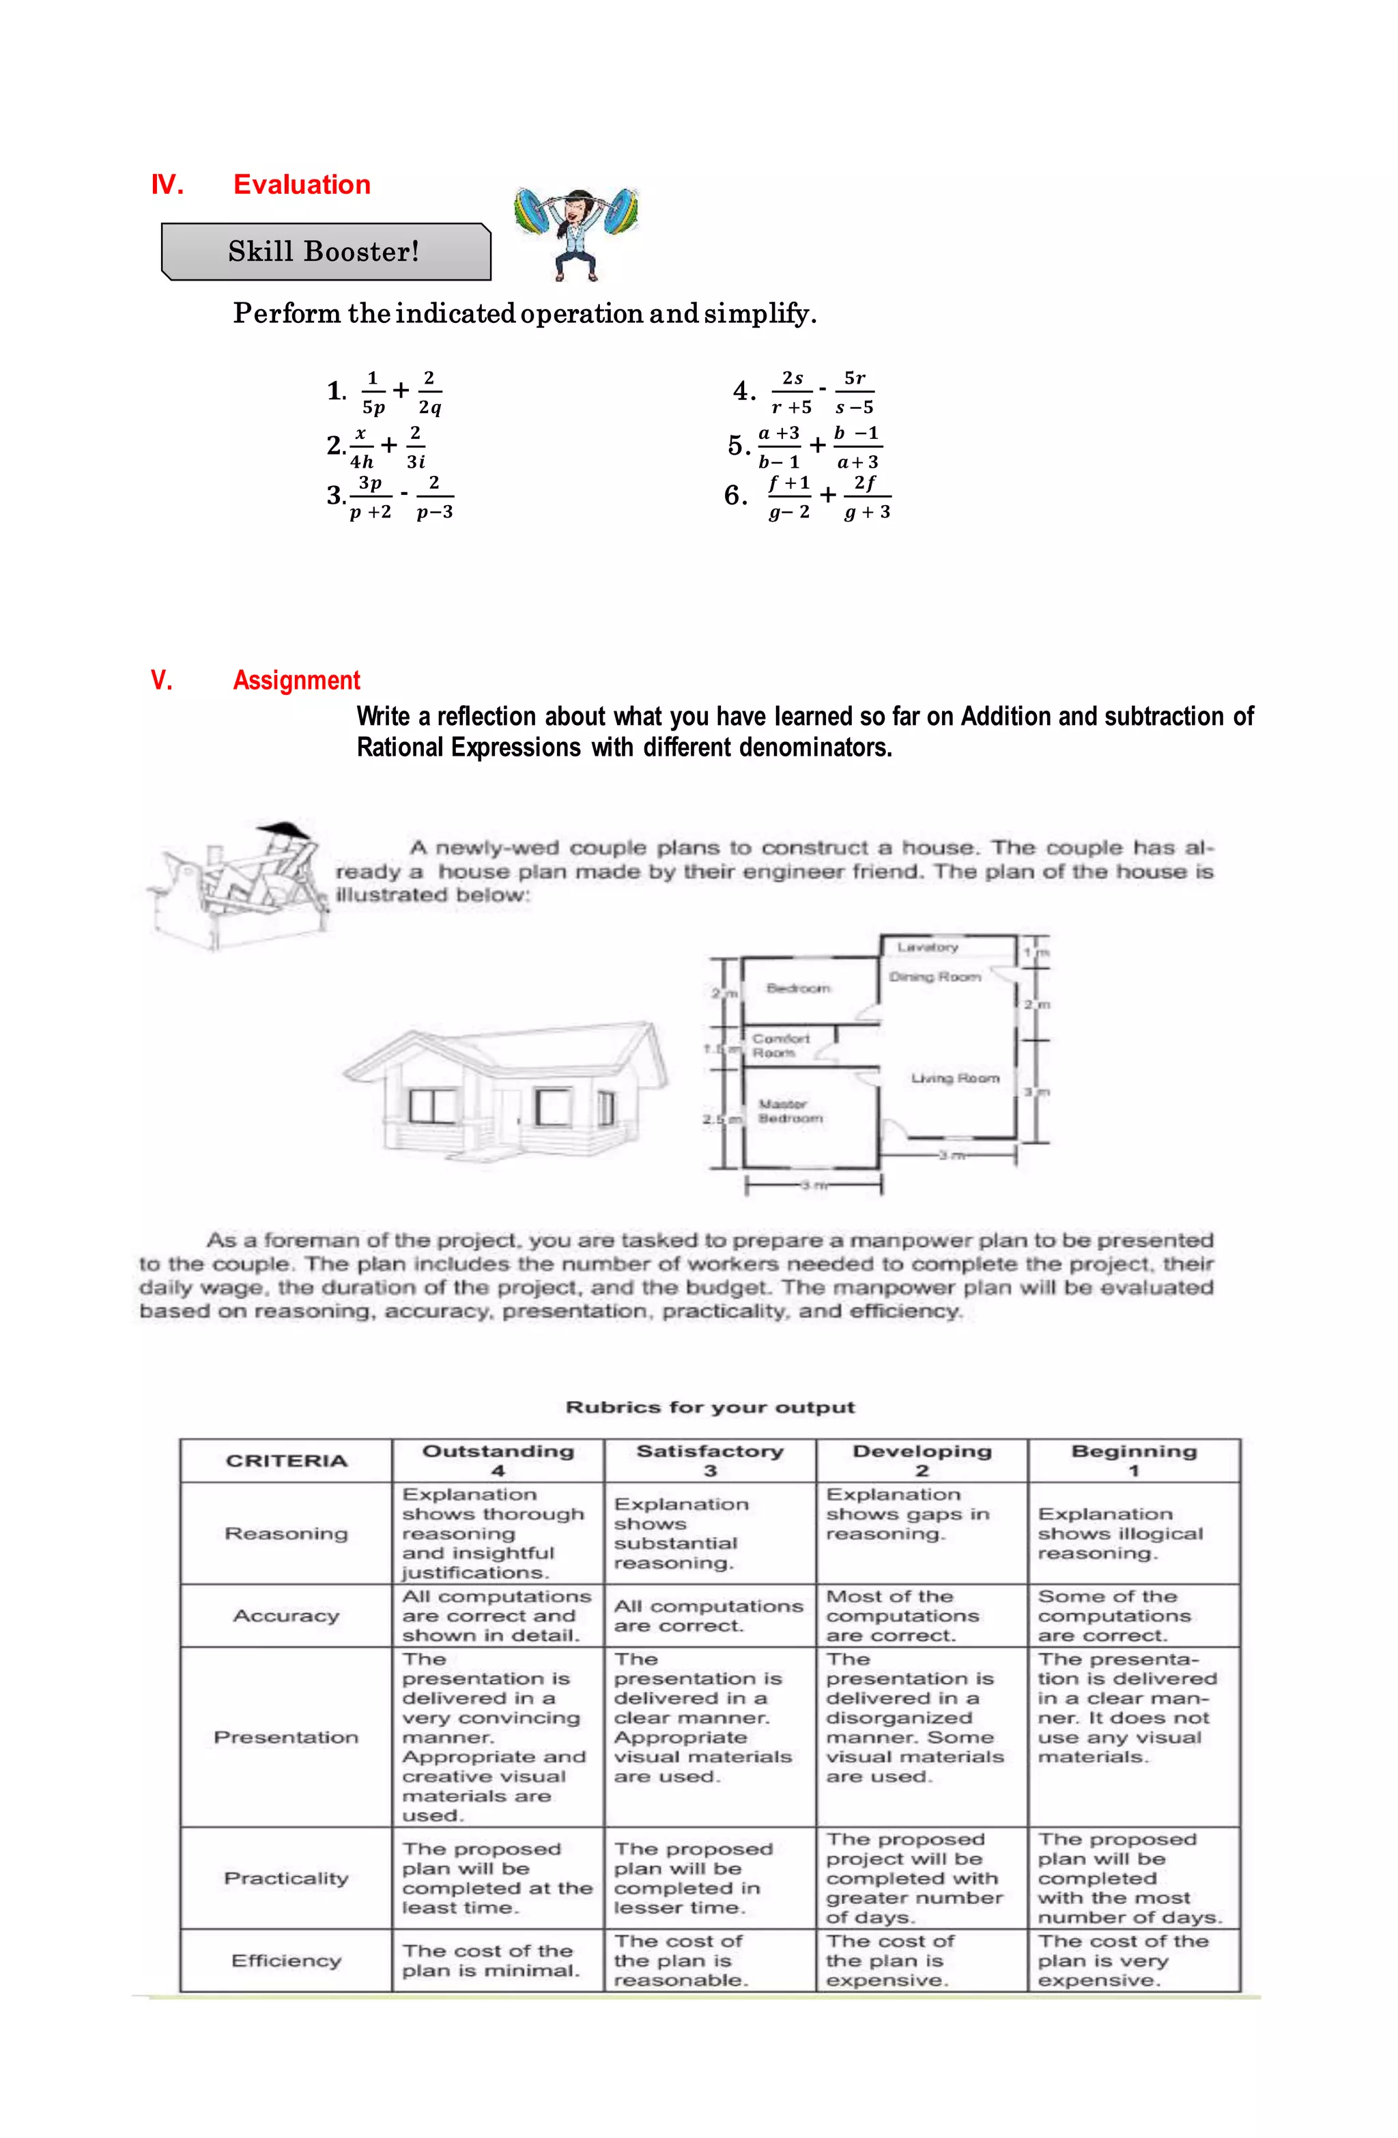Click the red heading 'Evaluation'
[x=301, y=184]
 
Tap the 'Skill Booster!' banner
[x=324, y=251]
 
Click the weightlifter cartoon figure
[x=576, y=232]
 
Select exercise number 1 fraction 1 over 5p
[x=373, y=393]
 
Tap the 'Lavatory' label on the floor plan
[x=927, y=947]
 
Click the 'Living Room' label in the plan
[x=954, y=1078]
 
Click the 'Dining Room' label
[x=935, y=976]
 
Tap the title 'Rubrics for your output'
[x=710, y=1407]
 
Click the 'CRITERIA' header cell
[x=286, y=1461]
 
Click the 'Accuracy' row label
[x=286, y=1615]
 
